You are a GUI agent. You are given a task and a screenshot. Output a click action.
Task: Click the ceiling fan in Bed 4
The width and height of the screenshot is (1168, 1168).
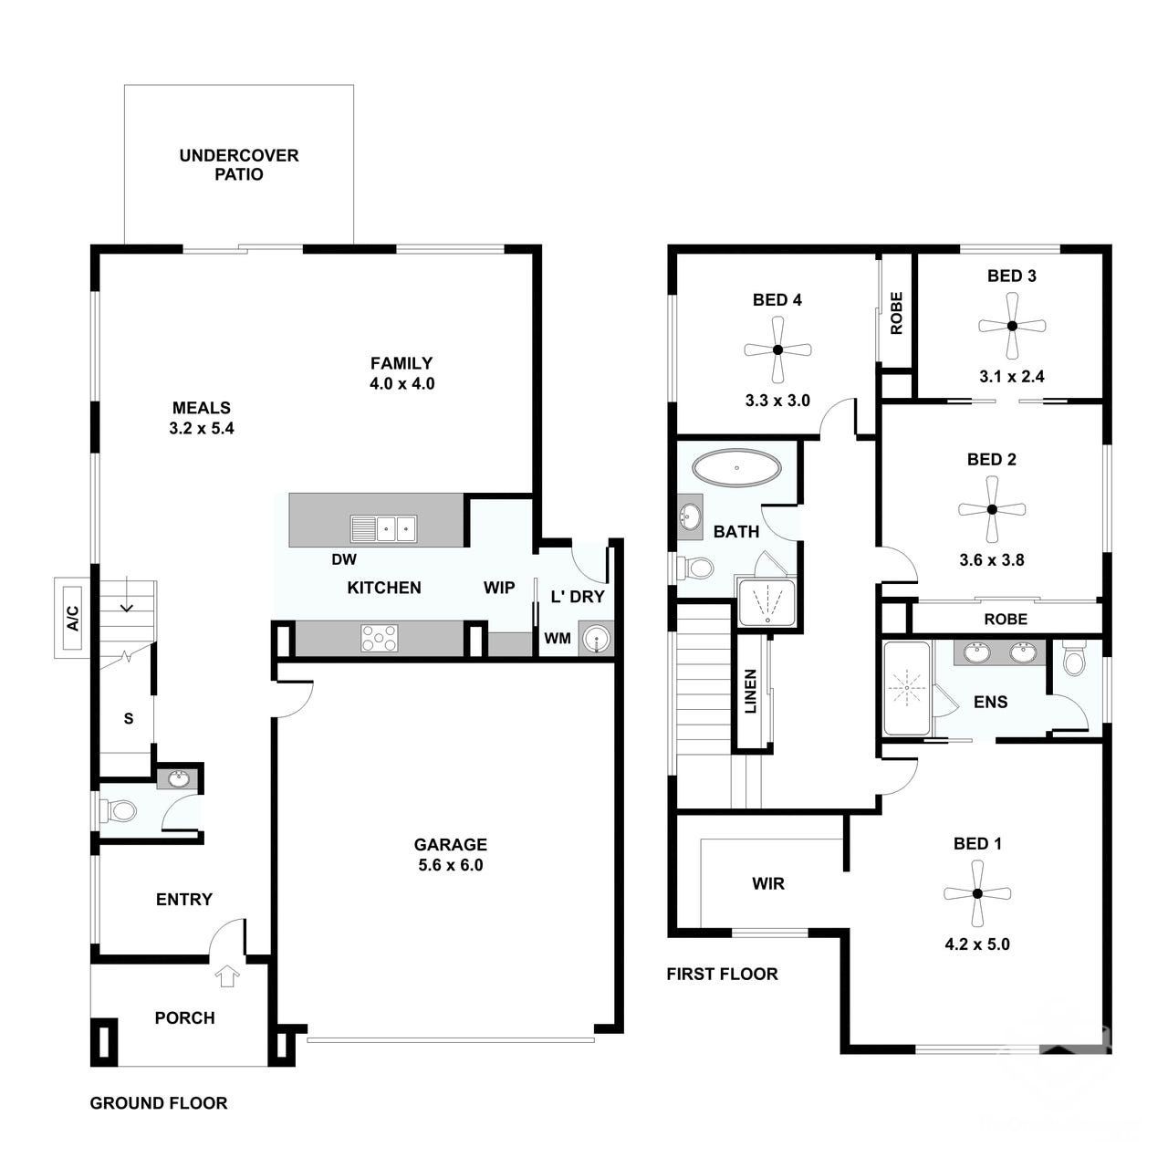pyautogui.click(x=777, y=349)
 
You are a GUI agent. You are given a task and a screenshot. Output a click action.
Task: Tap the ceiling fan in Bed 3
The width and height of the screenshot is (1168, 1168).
pyautogui.click(x=1012, y=326)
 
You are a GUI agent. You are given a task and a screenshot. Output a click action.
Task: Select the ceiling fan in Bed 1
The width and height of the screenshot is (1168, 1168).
pyautogui.click(x=977, y=893)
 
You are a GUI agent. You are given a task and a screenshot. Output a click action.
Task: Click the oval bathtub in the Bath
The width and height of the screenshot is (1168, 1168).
pyautogui.click(x=736, y=467)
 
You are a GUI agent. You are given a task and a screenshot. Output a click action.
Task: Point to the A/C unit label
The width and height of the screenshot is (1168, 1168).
pyautogui.click(x=72, y=618)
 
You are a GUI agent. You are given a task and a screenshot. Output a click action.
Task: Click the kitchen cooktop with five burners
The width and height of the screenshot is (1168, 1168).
pyautogui.click(x=380, y=638)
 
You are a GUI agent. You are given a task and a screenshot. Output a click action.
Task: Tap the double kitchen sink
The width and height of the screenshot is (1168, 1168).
pyautogui.click(x=383, y=528)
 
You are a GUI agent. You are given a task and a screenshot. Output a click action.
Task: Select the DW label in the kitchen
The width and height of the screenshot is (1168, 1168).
pyautogui.click(x=344, y=559)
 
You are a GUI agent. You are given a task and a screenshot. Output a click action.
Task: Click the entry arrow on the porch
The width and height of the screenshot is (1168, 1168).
pyautogui.click(x=227, y=975)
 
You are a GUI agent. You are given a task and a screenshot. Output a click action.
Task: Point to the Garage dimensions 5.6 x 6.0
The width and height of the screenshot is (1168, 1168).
pyautogui.click(x=451, y=865)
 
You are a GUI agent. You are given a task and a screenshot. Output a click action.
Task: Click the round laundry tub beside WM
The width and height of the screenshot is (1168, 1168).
pyautogui.click(x=597, y=639)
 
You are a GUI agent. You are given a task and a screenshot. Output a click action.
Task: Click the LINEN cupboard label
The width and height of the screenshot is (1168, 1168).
pyautogui.click(x=750, y=691)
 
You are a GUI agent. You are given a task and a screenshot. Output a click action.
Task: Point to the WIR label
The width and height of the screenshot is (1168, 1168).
pyautogui.click(x=768, y=883)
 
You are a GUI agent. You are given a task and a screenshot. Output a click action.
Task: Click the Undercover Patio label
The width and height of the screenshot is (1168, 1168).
pyautogui.click(x=239, y=165)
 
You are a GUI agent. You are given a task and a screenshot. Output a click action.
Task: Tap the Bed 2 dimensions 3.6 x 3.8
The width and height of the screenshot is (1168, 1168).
pyautogui.click(x=992, y=560)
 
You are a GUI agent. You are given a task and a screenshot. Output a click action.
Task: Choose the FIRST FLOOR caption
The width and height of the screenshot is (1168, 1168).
pyautogui.click(x=722, y=974)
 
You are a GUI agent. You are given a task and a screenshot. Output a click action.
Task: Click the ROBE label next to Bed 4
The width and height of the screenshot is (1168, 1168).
pyautogui.click(x=896, y=313)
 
